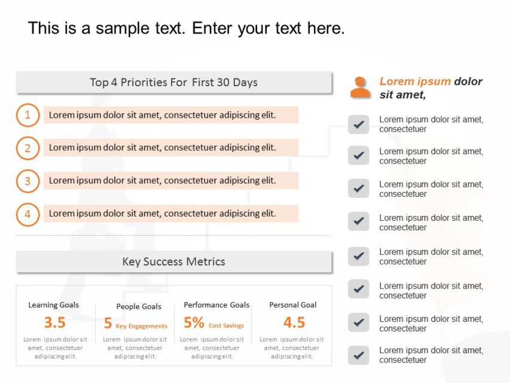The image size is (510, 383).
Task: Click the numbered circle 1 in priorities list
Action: [28, 115]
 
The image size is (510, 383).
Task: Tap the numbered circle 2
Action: [28, 148]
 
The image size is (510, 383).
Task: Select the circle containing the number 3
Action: [28, 181]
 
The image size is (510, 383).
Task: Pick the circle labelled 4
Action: [28, 214]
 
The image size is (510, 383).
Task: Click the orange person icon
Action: [360, 87]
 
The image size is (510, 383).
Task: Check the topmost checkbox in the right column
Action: [358, 124]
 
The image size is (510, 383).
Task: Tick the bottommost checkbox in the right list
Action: [358, 355]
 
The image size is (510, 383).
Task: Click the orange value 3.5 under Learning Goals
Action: [54, 323]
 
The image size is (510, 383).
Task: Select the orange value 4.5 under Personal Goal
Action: [294, 323]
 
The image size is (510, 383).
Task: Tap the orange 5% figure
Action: [194, 323]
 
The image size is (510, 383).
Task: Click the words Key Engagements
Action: [142, 326]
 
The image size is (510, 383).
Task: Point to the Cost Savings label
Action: [226, 326]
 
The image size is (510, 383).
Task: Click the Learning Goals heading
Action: [53, 305]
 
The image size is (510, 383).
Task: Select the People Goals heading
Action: [139, 306]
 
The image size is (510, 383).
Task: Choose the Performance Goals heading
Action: [216, 305]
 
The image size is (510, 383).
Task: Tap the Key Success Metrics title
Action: [173, 262]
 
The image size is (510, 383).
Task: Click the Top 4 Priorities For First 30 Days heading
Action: [173, 83]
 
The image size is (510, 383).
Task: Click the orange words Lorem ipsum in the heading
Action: [415, 81]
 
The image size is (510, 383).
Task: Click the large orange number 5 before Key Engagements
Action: [108, 323]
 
